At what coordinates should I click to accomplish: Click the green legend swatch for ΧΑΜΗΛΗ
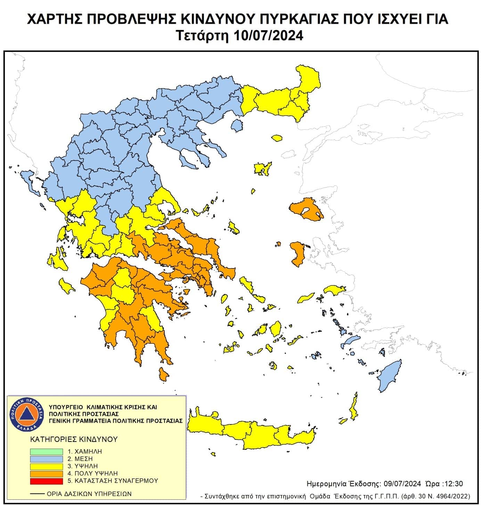click(46, 452)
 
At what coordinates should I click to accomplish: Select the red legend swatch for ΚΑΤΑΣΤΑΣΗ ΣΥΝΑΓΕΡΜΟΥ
click(46, 481)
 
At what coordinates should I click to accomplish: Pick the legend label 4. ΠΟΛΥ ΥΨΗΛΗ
click(93, 474)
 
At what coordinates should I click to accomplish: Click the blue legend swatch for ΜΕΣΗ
click(46, 459)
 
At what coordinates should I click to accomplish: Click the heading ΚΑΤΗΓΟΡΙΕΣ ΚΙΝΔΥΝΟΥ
click(74, 439)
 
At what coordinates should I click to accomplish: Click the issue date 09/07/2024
click(402, 484)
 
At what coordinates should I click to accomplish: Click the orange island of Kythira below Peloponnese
click(163, 375)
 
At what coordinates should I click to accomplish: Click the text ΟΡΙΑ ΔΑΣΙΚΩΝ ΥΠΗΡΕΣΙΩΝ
click(89, 494)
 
